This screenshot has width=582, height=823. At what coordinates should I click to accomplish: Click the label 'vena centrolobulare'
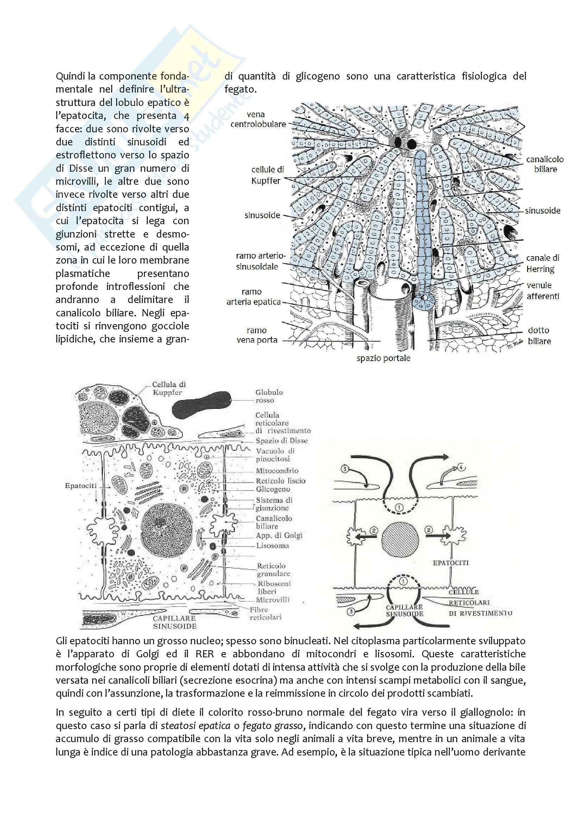tap(258, 119)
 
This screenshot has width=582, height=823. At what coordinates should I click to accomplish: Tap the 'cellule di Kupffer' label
tap(267, 175)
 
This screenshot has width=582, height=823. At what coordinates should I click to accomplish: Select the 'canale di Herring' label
tap(543, 263)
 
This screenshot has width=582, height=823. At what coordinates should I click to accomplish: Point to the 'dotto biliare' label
tap(539, 336)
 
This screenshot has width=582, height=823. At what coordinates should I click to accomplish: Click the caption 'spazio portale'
tap(383, 358)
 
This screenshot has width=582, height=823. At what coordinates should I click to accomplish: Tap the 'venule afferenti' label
tap(543, 291)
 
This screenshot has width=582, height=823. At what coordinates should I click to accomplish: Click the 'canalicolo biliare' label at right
tap(545, 164)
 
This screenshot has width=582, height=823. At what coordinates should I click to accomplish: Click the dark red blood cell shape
tap(201, 405)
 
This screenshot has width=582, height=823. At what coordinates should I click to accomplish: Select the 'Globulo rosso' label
tap(269, 396)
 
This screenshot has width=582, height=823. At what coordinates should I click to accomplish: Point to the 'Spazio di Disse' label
tap(282, 441)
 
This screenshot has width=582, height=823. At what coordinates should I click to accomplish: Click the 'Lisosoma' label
tap(272, 546)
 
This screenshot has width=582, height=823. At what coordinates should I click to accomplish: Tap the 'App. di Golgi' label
tap(279, 535)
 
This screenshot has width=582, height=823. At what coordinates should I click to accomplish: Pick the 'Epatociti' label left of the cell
tap(81, 486)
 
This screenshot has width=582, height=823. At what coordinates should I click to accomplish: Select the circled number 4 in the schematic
tap(461, 467)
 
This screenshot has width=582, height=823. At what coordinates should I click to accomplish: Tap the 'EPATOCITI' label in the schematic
tap(450, 563)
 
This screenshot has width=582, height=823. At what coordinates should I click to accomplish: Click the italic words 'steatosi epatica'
tap(195, 726)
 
